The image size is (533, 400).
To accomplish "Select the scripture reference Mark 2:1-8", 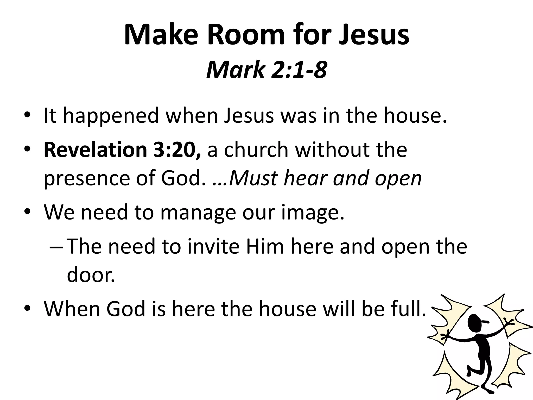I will [266, 70].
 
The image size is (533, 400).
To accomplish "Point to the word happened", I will [111, 116].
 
